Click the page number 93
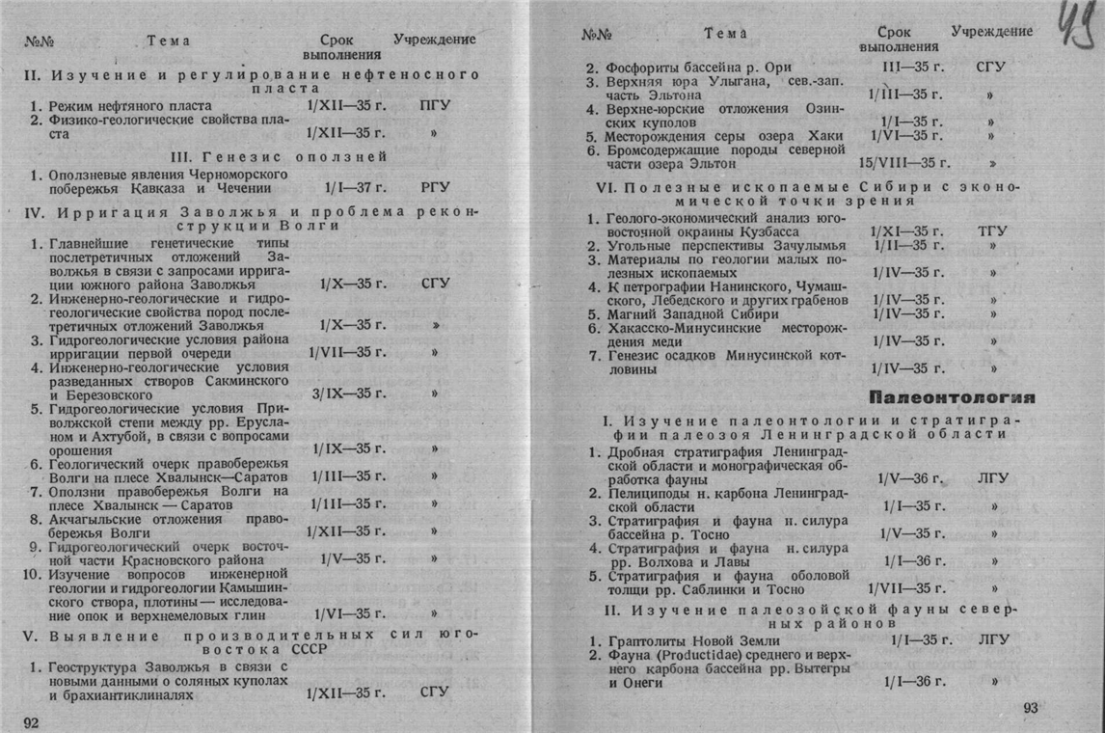[x=1031, y=709]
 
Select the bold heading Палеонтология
[x=952, y=397]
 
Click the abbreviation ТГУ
[x=991, y=231]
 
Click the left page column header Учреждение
[x=435, y=40]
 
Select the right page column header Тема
[x=725, y=33]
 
